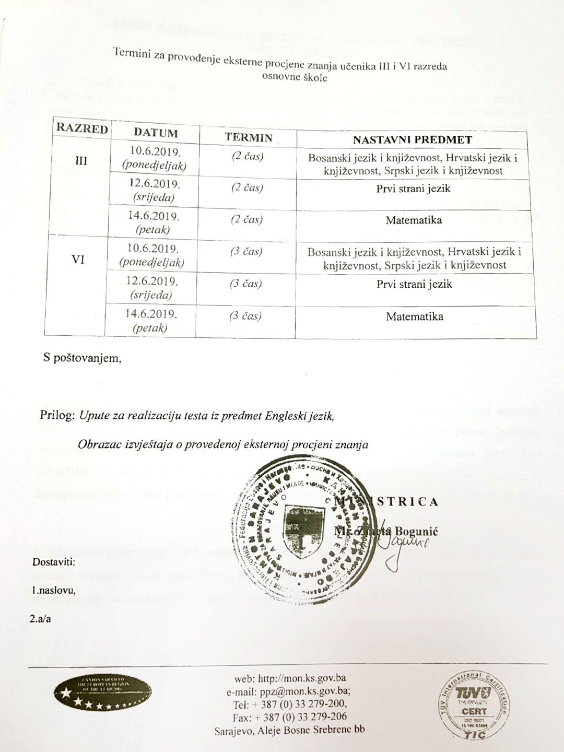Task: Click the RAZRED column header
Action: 82,128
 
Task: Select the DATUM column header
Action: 156,133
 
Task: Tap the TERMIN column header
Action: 249,138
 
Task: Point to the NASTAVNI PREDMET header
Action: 412,139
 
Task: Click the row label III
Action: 81,161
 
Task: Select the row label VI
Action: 78,259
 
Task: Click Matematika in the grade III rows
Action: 414,220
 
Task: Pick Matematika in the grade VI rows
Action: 415,316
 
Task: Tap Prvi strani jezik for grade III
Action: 413,189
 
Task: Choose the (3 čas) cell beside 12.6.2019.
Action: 245,284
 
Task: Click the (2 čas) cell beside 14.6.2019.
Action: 247,219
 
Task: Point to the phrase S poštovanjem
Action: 83,359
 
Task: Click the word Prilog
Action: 57,416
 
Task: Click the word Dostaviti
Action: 54,562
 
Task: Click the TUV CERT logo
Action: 474,705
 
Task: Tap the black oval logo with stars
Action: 95,692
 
